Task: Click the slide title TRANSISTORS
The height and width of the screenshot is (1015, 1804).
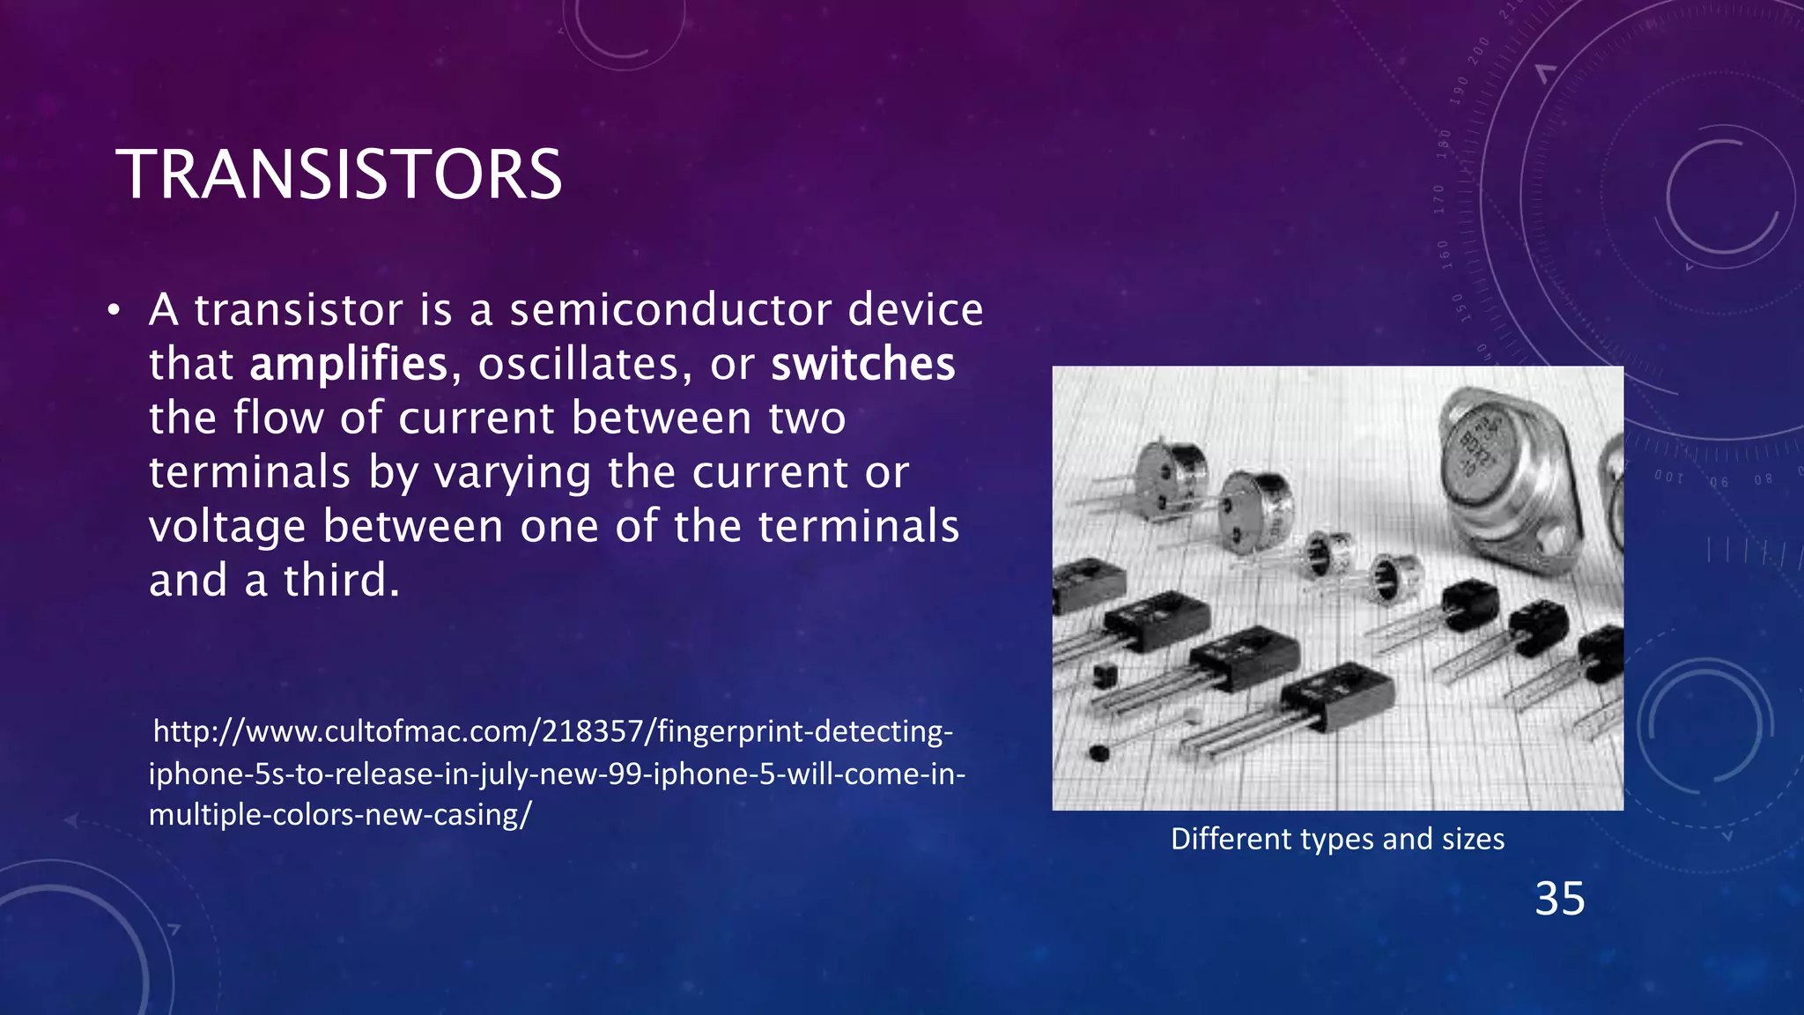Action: click(x=338, y=174)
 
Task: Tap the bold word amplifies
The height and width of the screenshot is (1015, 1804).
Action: click(x=349, y=364)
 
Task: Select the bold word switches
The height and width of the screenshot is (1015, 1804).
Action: click(x=862, y=364)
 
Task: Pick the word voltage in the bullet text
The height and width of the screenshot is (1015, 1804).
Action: click(x=227, y=526)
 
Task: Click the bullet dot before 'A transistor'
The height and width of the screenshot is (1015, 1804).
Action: click(x=113, y=311)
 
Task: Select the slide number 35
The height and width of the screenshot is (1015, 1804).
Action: click(x=1559, y=899)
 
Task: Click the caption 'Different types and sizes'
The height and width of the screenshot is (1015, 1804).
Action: click(x=1337, y=839)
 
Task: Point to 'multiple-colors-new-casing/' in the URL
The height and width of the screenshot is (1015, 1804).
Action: click(x=340, y=814)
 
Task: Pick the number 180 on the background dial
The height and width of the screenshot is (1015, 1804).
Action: click(x=1444, y=144)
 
